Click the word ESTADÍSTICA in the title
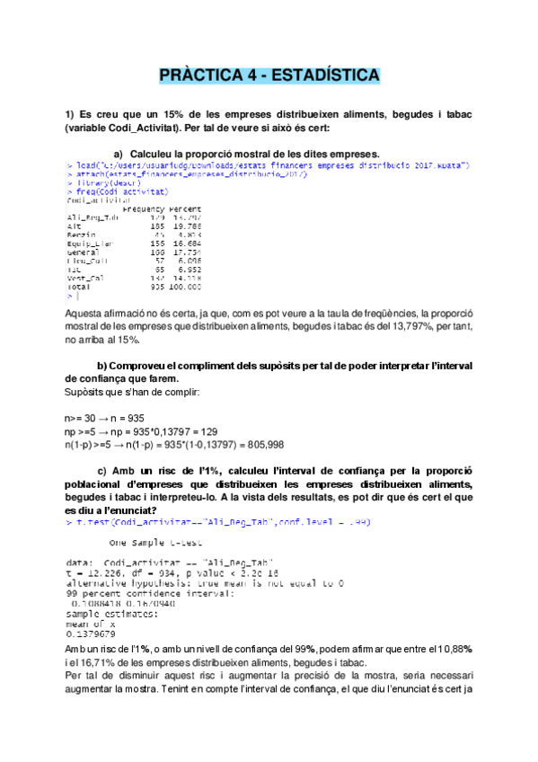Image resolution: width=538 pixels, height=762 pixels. tap(321, 75)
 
